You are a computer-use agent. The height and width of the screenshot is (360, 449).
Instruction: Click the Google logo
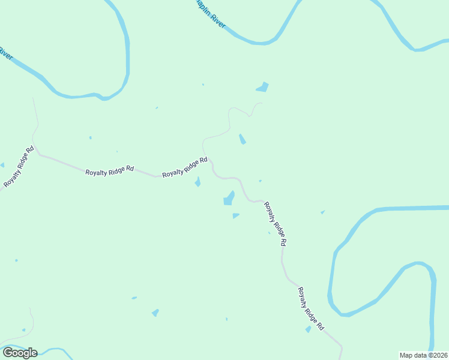point(20,353)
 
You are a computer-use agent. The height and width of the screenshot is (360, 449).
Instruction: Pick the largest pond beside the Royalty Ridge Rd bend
point(229,199)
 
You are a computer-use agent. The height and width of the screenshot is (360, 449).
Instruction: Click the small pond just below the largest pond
point(235,215)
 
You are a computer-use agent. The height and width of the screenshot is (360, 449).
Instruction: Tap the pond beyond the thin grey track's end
point(262,88)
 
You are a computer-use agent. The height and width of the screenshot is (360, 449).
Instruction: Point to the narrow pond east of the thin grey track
point(242,139)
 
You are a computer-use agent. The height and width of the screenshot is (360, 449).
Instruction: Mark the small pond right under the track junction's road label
point(197,182)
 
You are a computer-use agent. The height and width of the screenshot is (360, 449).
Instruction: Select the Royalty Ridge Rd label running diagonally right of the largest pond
point(275,224)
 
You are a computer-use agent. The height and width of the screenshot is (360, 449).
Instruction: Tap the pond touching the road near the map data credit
point(309,329)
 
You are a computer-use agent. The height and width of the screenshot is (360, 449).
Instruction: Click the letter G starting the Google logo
point(7,353)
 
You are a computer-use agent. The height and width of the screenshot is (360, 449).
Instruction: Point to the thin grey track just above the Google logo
point(30,324)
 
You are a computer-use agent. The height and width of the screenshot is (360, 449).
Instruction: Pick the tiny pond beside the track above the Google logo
point(23,330)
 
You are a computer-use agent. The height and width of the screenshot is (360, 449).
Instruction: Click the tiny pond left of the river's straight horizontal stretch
point(322,212)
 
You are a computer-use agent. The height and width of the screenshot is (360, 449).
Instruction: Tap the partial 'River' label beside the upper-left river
point(5,53)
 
